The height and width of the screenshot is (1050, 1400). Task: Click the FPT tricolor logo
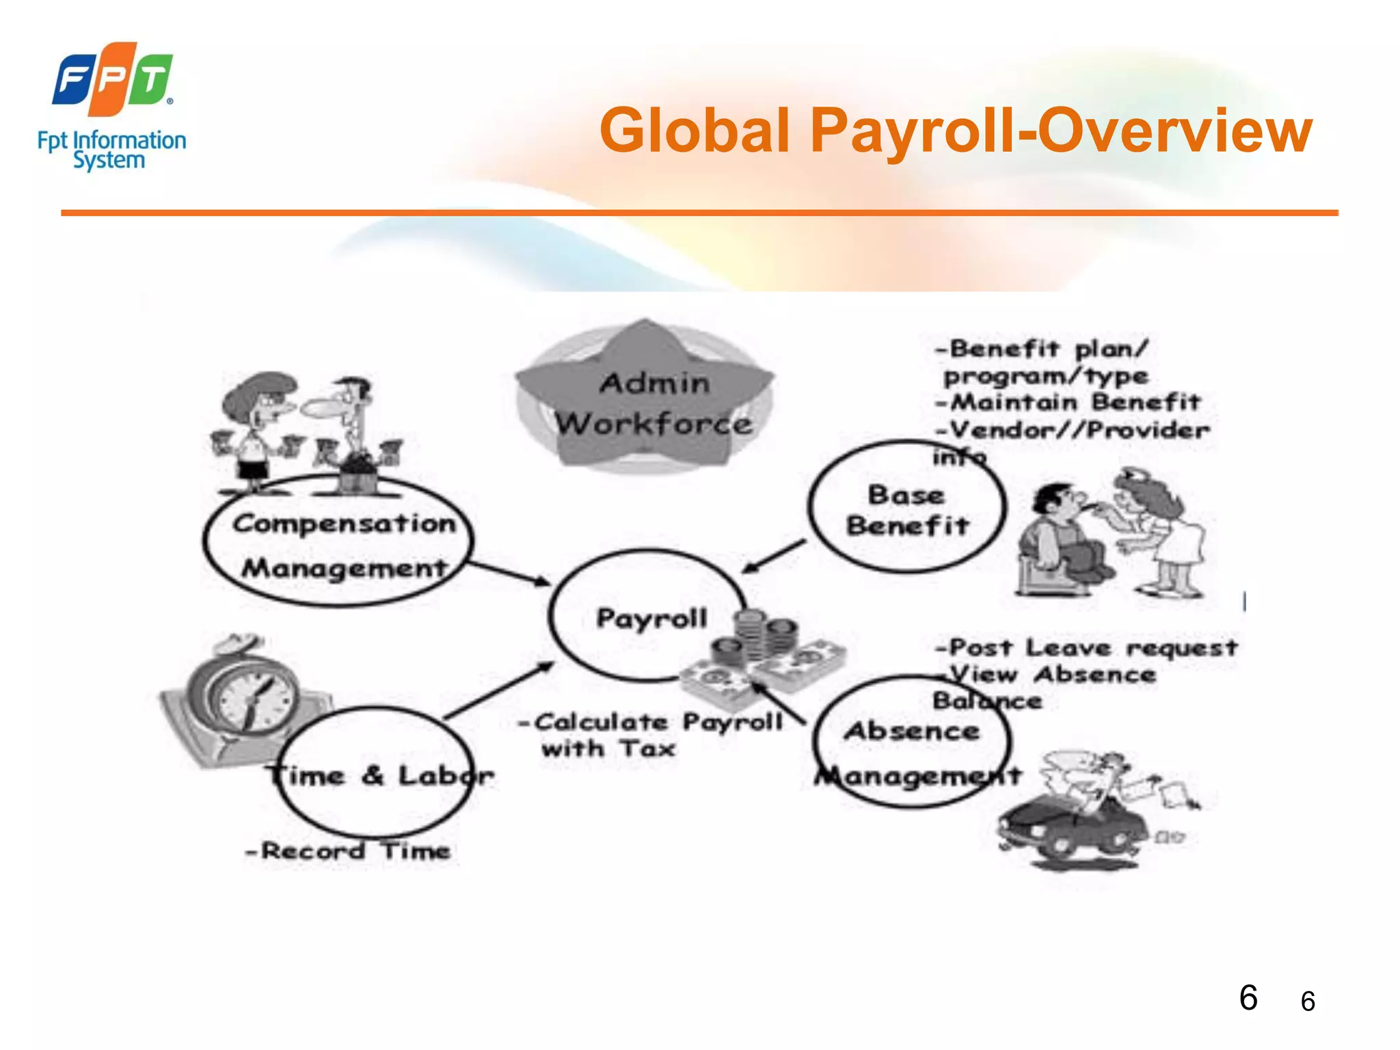[113, 79]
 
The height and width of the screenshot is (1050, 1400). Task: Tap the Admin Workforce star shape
[644, 396]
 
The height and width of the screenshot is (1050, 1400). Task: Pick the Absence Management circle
[912, 742]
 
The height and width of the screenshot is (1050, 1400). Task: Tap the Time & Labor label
[379, 776]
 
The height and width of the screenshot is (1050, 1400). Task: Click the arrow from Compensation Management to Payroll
[509, 573]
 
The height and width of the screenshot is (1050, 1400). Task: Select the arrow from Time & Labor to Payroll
[499, 690]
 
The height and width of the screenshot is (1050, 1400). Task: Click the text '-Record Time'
[349, 851]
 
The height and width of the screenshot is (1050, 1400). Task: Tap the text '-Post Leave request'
[1086, 647]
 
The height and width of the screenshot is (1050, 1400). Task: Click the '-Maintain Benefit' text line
[1068, 402]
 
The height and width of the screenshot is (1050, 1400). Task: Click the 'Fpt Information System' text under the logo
[111, 150]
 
